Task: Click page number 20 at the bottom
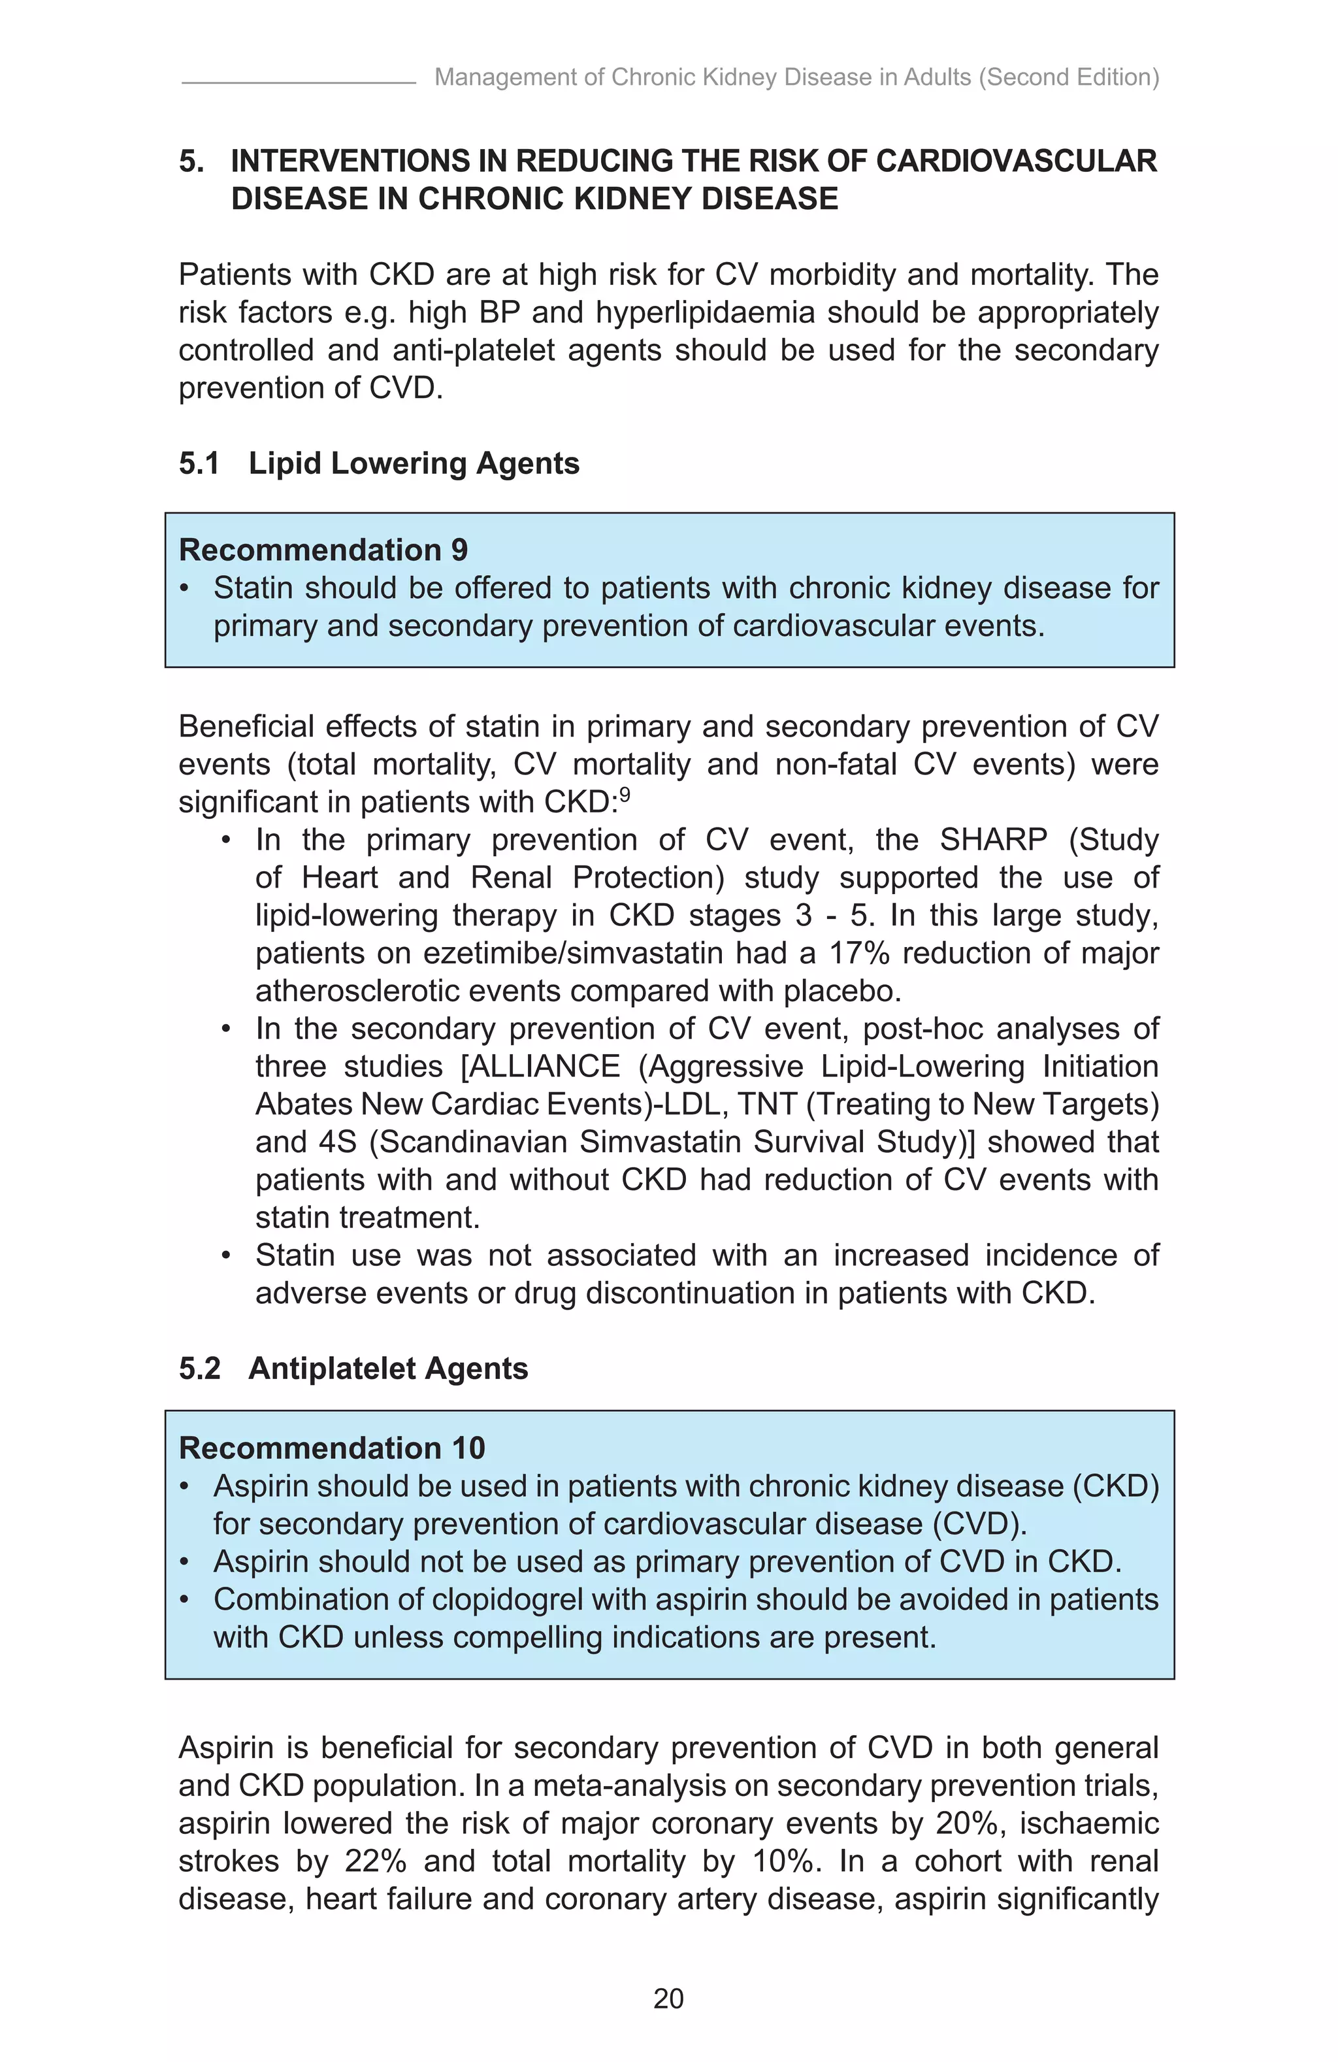pyautogui.click(x=668, y=1999)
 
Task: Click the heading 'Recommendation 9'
pyautogui.click(x=323, y=550)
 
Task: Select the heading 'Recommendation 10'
pyautogui.click(x=332, y=1448)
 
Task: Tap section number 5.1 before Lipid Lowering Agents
pyautogui.click(x=199, y=463)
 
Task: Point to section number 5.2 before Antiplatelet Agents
pyautogui.click(x=199, y=1368)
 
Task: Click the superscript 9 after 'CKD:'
pyautogui.click(x=625, y=793)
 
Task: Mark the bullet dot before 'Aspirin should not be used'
pyautogui.click(x=184, y=1562)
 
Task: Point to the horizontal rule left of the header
pyautogui.click(x=299, y=83)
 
